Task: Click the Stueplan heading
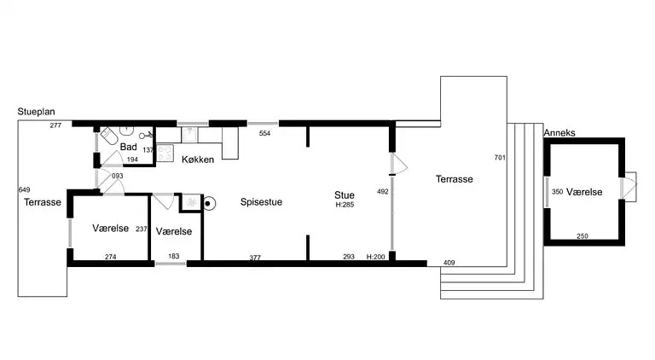36,112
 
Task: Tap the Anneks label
559,133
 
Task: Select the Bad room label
129,148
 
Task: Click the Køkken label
198,160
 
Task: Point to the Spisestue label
261,202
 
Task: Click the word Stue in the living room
345,195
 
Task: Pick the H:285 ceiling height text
345,205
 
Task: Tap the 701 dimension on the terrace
500,158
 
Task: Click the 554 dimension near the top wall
265,134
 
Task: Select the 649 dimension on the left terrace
24,189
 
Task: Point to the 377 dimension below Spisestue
255,257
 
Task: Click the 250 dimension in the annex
583,235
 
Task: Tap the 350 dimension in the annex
558,192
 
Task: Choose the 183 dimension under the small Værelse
173,257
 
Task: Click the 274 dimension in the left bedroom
110,257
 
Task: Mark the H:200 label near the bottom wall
376,257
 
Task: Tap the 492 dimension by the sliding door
383,192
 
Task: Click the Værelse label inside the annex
584,192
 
